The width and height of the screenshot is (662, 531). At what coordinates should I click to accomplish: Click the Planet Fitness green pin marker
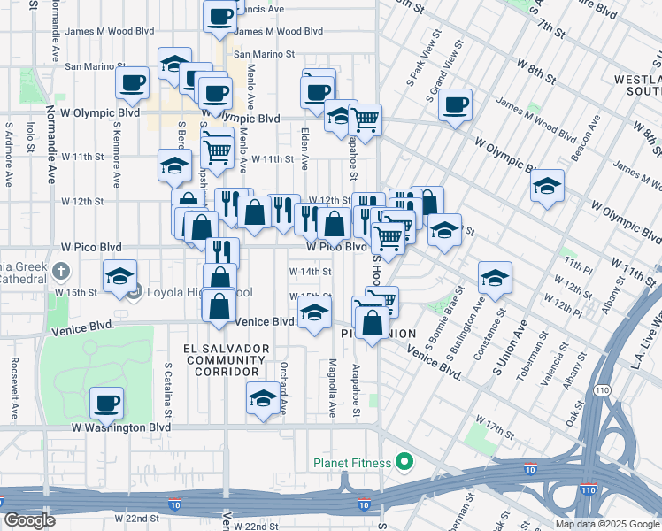coord(405,462)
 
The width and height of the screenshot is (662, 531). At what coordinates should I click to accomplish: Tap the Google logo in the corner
coord(30,520)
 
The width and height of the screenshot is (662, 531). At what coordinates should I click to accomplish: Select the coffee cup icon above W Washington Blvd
coord(107,403)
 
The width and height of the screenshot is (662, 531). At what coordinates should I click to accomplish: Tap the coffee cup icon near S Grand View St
coord(455,105)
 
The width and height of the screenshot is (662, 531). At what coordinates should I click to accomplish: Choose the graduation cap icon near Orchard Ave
coord(263,400)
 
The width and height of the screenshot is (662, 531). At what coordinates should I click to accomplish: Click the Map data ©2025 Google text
coord(606,524)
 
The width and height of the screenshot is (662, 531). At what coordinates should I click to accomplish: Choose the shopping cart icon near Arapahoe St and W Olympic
coord(365,119)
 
